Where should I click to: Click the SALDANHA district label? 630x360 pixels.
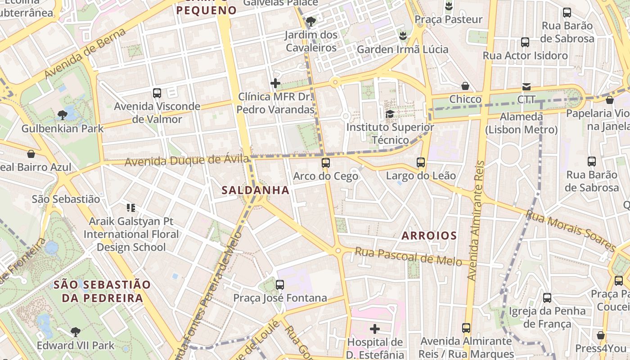[255, 190]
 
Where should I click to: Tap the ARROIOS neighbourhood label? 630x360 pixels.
[429, 235]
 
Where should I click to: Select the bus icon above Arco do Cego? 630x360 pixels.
[326, 163]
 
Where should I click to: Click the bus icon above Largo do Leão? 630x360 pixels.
[421, 162]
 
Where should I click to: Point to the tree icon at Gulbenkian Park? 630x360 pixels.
[63, 115]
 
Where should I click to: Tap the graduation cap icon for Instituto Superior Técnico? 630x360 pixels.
[390, 114]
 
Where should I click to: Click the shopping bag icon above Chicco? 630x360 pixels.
[465, 86]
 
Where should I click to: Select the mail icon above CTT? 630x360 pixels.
[526, 86]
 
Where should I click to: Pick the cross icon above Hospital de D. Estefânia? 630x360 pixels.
[375, 329]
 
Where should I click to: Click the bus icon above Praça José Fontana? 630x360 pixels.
[280, 284]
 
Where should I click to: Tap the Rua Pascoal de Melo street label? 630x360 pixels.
[408, 256]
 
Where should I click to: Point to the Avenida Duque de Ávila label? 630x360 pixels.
[187, 160]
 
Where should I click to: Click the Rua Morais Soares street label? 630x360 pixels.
[571, 231]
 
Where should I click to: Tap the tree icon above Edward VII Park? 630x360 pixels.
[76, 332]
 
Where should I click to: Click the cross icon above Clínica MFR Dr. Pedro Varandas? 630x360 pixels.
[275, 83]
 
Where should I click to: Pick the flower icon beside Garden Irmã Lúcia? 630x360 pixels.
[403, 35]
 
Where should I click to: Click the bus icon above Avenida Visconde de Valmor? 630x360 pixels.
[157, 93]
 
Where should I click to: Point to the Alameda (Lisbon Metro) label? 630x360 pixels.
[521, 123]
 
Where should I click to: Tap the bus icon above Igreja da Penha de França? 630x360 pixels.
[547, 297]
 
